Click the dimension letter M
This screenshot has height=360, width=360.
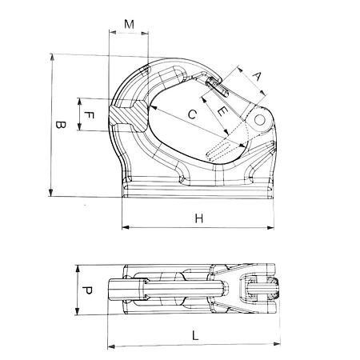[130, 24]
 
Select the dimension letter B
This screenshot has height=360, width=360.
[61, 125]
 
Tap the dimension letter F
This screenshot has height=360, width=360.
[89, 115]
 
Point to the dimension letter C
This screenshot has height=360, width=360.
[192, 114]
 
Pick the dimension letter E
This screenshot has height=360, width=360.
[222, 111]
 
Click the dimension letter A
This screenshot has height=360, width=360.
[257, 77]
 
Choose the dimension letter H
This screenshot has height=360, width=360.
[199, 218]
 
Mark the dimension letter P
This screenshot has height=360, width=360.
[87, 290]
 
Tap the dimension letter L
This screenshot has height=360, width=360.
[195, 335]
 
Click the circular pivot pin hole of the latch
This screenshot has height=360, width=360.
[260, 120]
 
